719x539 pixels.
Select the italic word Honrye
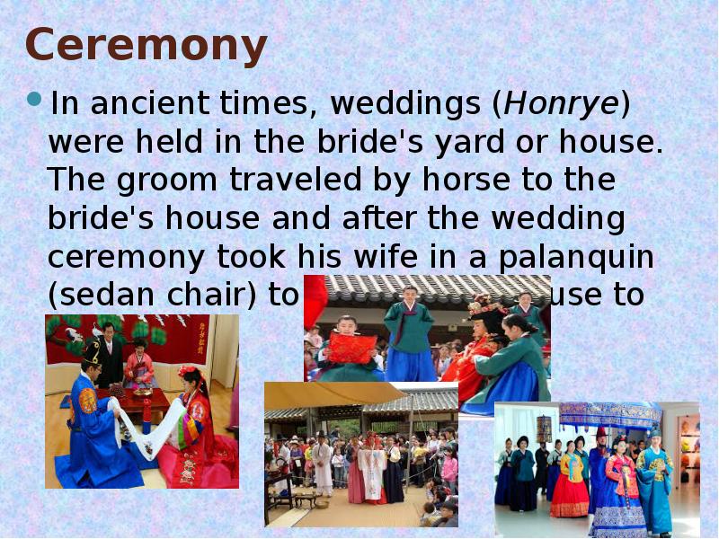coord(561,104)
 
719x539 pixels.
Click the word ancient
coord(147,104)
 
